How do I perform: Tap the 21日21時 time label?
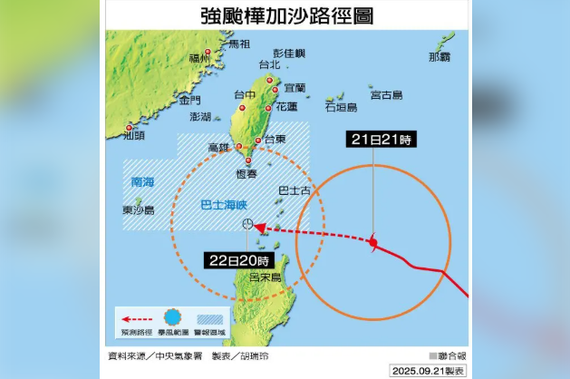point(380,140)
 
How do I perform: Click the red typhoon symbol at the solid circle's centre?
point(373,241)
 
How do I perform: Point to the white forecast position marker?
point(247,224)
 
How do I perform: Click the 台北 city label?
point(269,64)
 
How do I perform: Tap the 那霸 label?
point(440,57)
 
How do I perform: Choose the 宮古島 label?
point(386,94)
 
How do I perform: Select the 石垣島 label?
point(342,107)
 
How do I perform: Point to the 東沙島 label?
point(139,209)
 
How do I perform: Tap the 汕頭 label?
point(133,137)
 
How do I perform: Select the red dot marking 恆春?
point(247,161)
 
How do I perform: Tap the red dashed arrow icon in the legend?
point(134,319)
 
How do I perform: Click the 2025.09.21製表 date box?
point(428,371)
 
